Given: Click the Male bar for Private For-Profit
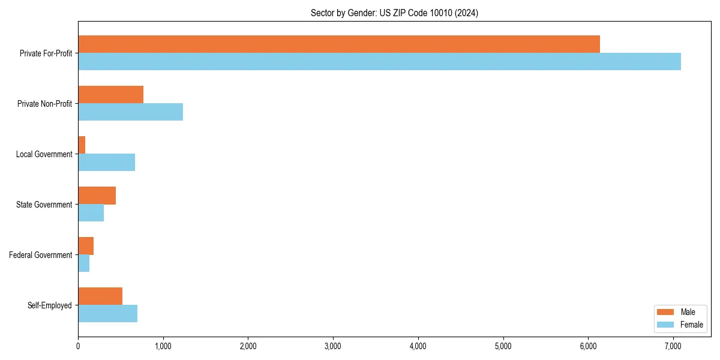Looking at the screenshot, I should [x=339, y=44].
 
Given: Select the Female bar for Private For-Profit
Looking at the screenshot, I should [x=379, y=61].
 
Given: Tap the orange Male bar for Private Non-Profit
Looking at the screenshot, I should [x=110, y=94].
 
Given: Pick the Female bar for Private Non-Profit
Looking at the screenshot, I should [x=130, y=112].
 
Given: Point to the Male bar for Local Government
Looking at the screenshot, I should [x=82, y=145].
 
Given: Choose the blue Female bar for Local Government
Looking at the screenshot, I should [x=106, y=162].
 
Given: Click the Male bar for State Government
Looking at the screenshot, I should [x=97, y=195].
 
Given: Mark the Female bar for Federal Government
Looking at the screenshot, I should [x=83, y=263].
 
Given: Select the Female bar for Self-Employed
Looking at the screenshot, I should [x=107, y=313].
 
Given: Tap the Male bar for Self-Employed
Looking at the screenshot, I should [x=100, y=296].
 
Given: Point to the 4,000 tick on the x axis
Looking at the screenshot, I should [x=418, y=346].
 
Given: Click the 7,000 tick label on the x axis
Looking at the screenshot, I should [x=673, y=346].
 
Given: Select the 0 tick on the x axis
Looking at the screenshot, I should [x=78, y=346].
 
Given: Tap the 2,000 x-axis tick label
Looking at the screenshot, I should [x=248, y=346].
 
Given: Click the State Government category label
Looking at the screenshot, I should [x=44, y=205].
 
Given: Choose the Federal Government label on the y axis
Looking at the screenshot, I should [x=41, y=255].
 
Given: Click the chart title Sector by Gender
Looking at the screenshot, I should [x=394, y=13].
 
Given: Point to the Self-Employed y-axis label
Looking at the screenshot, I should [x=49, y=305].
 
